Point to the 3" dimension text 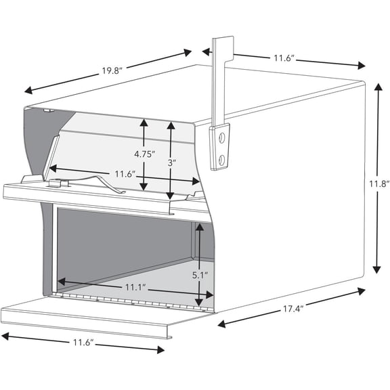click(x=173, y=163)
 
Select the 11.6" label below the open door click(x=82, y=343)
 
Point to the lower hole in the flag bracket click(x=221, y=158)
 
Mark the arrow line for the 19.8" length click(x=108, y=70)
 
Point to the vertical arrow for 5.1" click(x=198, y=264)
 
